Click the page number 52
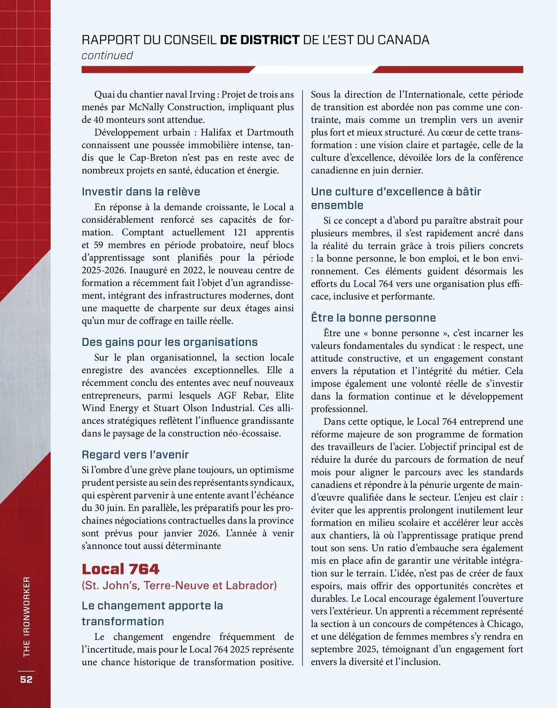tap(26, 679)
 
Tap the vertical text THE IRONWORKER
tap(26, 617)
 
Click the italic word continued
tap(107, 56)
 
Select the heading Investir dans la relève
tap(141, 191)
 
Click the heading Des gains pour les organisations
tap(169, 342)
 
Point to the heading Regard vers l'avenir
tap(135, 454)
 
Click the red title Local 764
tap(120, 569)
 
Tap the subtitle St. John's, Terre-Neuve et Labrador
tap(179, 585)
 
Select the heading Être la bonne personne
tap(373, 318)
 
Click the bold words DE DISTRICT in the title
tap(259, 40)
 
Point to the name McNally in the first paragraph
tap(146, 107)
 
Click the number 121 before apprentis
tap(240, 232)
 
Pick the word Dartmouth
tap(270, 132)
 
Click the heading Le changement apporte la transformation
tap(152, 613)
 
